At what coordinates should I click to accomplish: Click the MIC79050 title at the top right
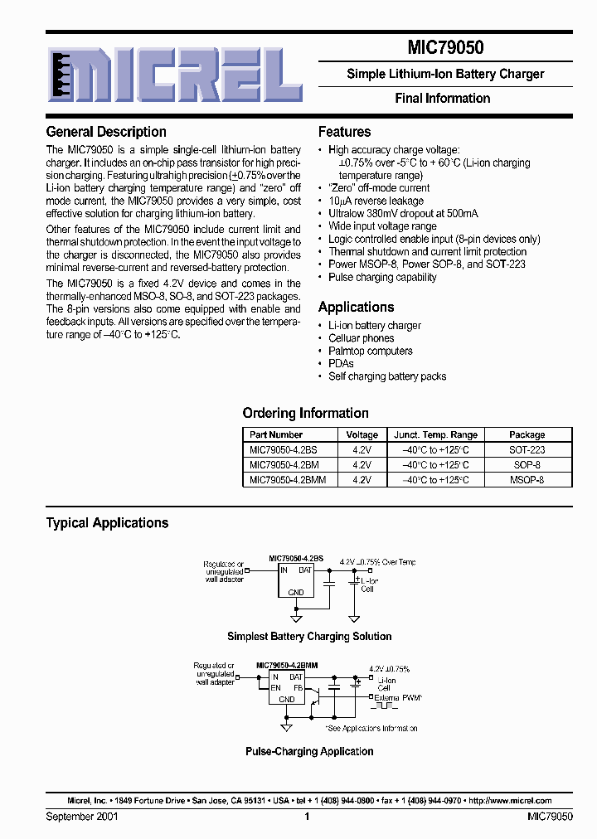(445, 49)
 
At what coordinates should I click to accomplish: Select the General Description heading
(106, 132)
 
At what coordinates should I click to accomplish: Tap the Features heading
(344, 132)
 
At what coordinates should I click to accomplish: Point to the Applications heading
(356, 307)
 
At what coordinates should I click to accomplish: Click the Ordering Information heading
(305, 413)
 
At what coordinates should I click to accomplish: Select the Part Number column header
(276, 434)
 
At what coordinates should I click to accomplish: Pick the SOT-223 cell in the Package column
(527, 449)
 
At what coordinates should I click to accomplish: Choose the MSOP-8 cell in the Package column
(527, 480)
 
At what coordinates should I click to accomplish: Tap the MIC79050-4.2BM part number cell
(284, 465)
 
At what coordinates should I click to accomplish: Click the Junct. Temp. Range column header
(435, 434)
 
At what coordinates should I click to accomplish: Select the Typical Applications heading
(107, 523)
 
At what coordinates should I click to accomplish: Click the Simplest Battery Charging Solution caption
(309, 637)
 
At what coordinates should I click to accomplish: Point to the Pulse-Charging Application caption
(309, 751)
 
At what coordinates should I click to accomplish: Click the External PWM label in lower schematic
(398, 698)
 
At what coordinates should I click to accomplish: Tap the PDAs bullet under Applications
(341, 363)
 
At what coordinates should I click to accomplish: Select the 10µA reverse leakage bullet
(376, 201)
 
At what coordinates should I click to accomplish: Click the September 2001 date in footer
(81, 817)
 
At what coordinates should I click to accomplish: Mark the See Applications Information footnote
(371, 729)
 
